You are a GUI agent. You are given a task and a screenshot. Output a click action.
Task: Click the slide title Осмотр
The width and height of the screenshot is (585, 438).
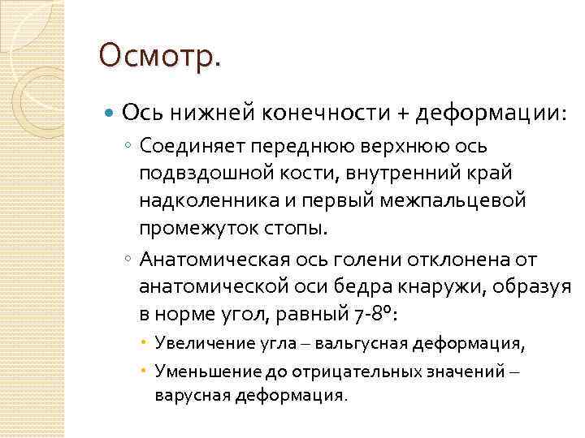point(159,57)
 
